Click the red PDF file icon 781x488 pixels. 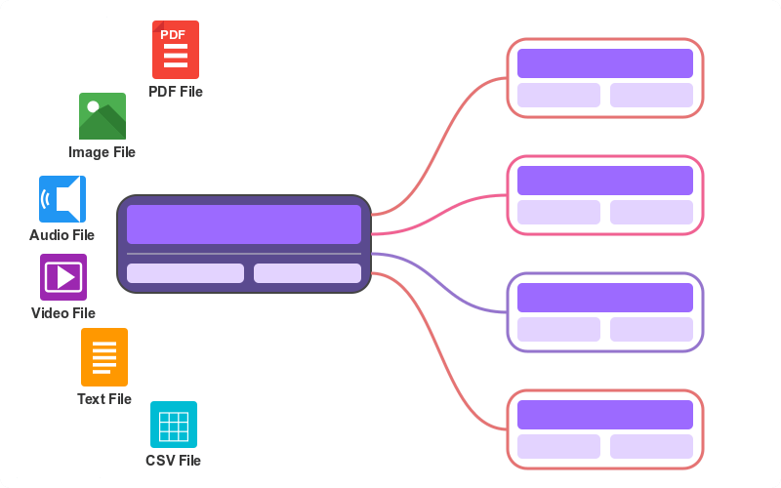pos(176,50)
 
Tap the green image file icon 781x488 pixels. pos(103,116)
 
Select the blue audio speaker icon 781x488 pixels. pos(62,199)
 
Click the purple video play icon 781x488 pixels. pos(63,277)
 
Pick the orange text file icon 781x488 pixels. pos(104,357)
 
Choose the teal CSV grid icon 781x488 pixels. pos(174,425)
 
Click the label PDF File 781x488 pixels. pos(176,92)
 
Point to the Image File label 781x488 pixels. pos(102,152)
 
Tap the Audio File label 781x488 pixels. pos(62,235)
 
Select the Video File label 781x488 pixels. pos(63,313)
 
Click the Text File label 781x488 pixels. pos(104,399)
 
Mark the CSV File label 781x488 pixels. pos(173,461)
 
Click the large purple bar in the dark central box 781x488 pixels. pos(244,224)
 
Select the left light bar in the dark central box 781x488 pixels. pos(185,273)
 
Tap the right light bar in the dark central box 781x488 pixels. pos(308,273)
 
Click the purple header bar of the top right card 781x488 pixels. pos(605,63)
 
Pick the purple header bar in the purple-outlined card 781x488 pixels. pos(605,298)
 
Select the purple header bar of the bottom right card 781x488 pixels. pos(605,415)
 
